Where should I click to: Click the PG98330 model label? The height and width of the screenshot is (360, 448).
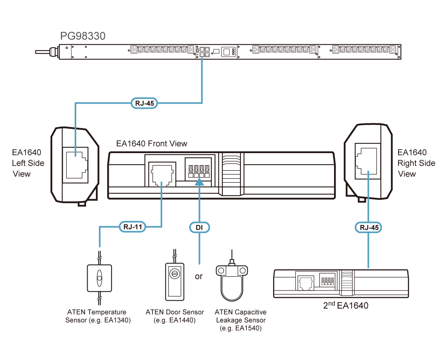click(x=83, y=37)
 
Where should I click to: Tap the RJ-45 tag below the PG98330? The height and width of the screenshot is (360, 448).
click(x=144, y=104)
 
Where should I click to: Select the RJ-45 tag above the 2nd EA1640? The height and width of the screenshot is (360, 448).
click(x=369, y=227)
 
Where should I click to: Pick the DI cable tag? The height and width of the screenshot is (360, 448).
click(x=200, y=227)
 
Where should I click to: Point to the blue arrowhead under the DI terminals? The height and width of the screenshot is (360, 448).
click(x=200, y=181)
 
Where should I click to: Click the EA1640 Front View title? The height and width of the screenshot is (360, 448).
click(x=152, y=144)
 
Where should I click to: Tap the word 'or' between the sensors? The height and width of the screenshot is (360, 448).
click(x=199, y=276)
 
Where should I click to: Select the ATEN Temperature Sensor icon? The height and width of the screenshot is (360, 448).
click(x=99, y=278)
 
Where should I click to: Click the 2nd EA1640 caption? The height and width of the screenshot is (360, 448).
click(x=345, y=305)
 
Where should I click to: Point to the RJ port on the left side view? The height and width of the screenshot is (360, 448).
click(x=76, y=163)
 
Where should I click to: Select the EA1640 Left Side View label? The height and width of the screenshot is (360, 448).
click(x=28, y=163)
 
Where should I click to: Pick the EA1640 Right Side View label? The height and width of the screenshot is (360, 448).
click(x=416, y=163)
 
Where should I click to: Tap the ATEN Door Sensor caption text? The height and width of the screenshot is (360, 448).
click(x=174, y=316)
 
